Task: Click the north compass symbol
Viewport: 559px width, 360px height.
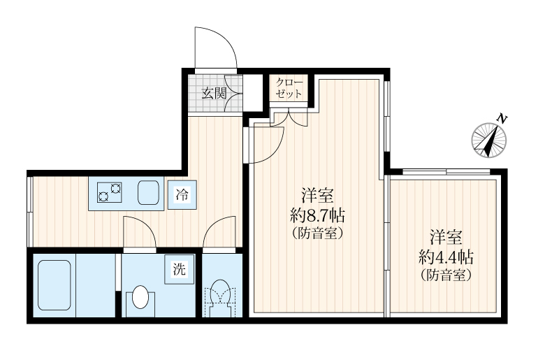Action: tap(488, 139)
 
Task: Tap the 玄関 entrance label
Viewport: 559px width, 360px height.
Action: tap(215, 93)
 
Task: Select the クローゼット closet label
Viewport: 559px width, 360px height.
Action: tap(289, 88)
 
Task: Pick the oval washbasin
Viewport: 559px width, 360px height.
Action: tap(140, 298)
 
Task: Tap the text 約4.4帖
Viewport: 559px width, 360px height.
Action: tap(447, 256)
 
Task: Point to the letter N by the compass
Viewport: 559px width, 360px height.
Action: tap(501, 119)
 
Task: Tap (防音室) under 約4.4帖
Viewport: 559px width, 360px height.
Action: tap(447, 275)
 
